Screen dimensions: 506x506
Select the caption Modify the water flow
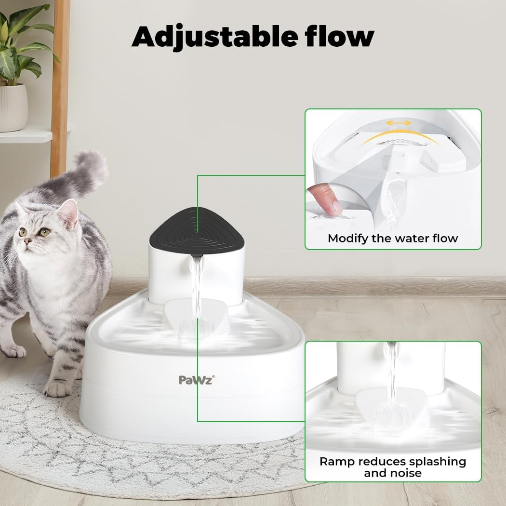(x=393, y=238)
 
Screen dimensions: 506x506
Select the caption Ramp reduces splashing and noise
(x=393, y=467)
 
